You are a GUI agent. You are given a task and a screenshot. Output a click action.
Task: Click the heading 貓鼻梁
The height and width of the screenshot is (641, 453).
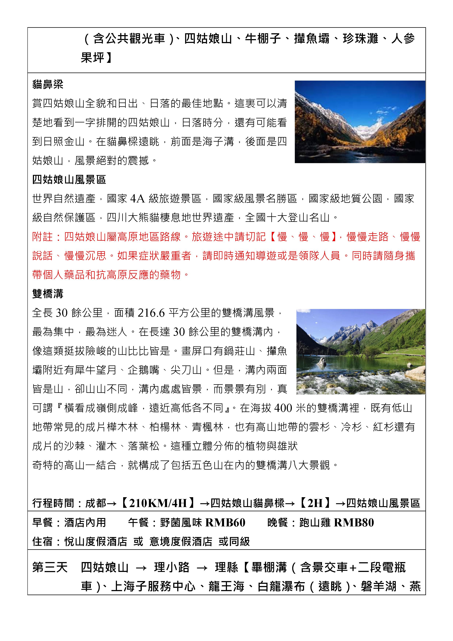[x=48, y=84]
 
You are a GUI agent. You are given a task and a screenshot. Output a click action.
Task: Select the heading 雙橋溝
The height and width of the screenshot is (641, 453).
[x=48, y=294]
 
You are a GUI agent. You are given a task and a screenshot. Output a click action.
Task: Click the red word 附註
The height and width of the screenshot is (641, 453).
[x=42, y=237]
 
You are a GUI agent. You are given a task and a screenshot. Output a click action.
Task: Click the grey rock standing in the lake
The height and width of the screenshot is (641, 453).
[x=322, y=361]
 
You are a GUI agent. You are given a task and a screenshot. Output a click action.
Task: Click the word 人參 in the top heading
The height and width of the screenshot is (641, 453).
[x=403, y=39]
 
